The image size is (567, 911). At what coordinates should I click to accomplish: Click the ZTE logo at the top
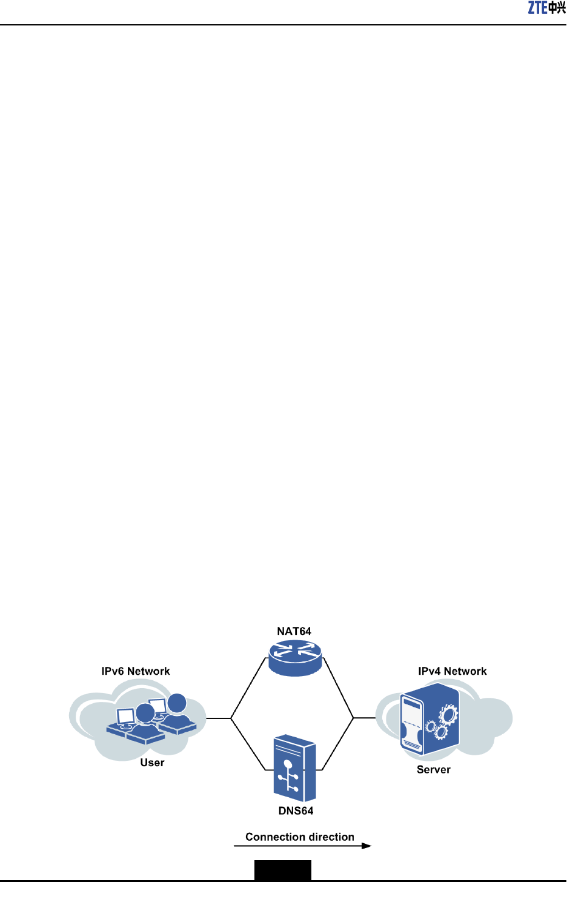(546, 8)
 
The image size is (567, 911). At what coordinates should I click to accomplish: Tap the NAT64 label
(294, 631)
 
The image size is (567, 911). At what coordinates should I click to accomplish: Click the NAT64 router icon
(295, 658)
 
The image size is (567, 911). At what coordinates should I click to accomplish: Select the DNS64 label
(296, 811)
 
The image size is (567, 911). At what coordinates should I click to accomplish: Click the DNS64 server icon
(295, 768)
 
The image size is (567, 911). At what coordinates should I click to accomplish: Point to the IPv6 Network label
(136, 671)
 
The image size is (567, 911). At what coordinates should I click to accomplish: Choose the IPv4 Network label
(452, 671)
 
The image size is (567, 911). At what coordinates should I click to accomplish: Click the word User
(152, 763)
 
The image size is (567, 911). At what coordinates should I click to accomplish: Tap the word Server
(434, 770)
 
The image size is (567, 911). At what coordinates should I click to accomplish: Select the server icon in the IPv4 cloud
(429, 719)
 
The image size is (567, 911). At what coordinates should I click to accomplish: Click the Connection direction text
(300, 837)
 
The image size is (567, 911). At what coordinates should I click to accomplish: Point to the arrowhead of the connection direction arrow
(366, 846)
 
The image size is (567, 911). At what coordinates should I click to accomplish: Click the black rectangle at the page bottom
(282, 870)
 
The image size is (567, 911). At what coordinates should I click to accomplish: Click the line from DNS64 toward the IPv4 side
(338, 744)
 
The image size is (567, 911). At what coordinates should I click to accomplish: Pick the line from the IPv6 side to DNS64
(248, 744)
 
